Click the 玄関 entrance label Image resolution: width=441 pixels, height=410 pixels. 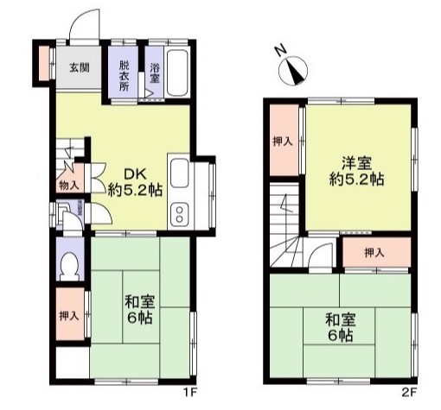80,67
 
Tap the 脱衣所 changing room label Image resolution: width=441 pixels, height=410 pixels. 125,76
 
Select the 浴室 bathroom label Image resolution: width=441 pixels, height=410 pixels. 155,73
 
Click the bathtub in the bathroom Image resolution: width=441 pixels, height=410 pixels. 178,73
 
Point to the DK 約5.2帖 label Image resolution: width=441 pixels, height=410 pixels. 135,182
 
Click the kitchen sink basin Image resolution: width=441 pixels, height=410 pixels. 179,173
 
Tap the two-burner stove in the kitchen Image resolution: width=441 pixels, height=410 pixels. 179,214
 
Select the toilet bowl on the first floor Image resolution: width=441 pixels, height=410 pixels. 69,267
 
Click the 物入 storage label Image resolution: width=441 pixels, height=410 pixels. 69,186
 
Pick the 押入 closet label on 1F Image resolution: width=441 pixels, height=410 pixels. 69,316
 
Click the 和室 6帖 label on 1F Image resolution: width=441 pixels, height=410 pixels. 139,309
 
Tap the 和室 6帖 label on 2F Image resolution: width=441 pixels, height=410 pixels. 341,327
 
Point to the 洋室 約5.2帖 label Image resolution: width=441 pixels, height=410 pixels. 356,171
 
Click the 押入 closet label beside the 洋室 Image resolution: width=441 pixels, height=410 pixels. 283,142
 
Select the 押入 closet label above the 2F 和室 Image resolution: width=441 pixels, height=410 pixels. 374,253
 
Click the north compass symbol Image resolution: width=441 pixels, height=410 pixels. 293,71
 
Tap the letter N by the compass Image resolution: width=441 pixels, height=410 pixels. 280,51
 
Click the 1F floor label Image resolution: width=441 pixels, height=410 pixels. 189,392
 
